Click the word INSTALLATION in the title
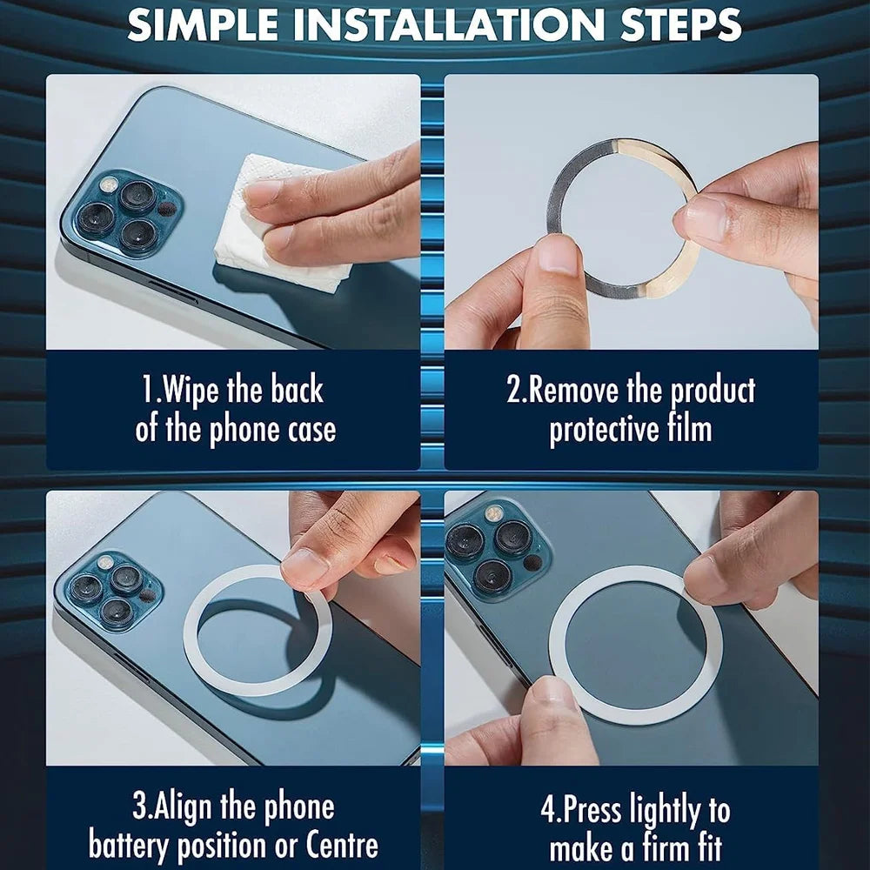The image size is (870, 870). coord(449,24)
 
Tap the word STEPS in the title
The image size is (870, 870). coord(681,24)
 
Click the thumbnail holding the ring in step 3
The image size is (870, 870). coord(304,567)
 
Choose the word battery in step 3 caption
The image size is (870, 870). coord(128,846)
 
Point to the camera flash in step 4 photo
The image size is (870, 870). coord(492,513)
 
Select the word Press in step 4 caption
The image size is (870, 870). coord(592,810)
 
